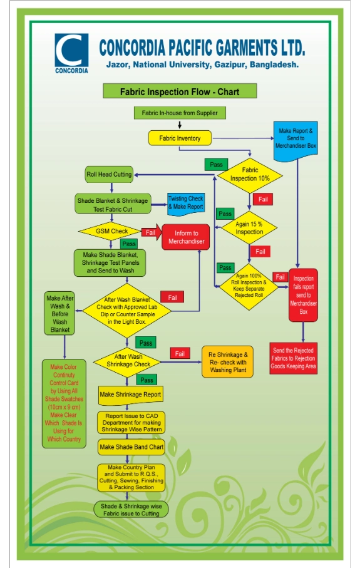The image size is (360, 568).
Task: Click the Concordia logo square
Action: tap(71, 50)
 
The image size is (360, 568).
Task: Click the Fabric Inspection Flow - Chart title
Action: tap(180, 91)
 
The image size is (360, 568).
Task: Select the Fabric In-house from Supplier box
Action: tap(180, 113)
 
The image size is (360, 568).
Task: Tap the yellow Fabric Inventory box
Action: tap(180, 138)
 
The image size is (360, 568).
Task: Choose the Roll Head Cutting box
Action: tap(109, 174)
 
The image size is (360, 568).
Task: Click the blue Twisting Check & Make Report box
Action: tap(186, 204)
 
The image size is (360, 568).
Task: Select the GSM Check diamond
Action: tap(111, 231)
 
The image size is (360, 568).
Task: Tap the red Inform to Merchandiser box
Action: tap(186, 237)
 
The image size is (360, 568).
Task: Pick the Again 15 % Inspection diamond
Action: tap(249, 228)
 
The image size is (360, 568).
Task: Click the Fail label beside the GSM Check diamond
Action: tap(150, 232)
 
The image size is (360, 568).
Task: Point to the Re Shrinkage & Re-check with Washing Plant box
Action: tap(228, 362)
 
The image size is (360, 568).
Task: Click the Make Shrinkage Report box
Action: tap(130, 395)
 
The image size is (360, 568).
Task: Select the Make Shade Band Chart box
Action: tap(131, 447)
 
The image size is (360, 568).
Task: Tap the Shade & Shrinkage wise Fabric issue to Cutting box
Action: tap(131, 510)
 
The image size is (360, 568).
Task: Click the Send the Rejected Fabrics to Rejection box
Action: tap(294, 358)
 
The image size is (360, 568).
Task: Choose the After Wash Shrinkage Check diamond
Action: tap(127, 361)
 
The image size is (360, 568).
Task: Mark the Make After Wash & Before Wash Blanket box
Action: tap(59, 313)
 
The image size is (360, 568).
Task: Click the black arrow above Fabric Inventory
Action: tap(180, 125)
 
